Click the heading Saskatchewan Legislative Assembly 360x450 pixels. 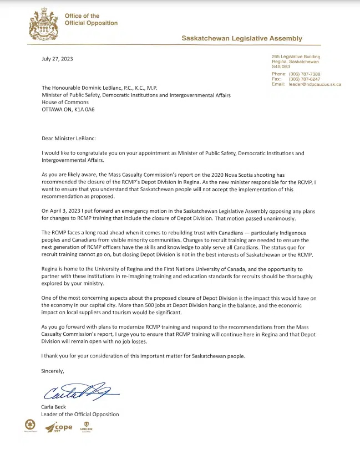242,38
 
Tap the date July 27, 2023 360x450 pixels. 57,59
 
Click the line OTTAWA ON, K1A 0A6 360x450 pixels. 68,109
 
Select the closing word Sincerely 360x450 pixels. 53,371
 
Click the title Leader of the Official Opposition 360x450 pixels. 80,414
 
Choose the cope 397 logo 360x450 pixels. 59,428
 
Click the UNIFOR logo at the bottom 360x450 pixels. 86,428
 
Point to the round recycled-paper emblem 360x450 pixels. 27,426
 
